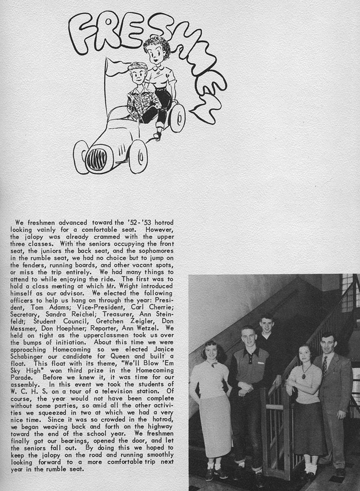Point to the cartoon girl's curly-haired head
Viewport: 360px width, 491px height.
point(157,51)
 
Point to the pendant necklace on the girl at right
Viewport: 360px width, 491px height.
point(304,376)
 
